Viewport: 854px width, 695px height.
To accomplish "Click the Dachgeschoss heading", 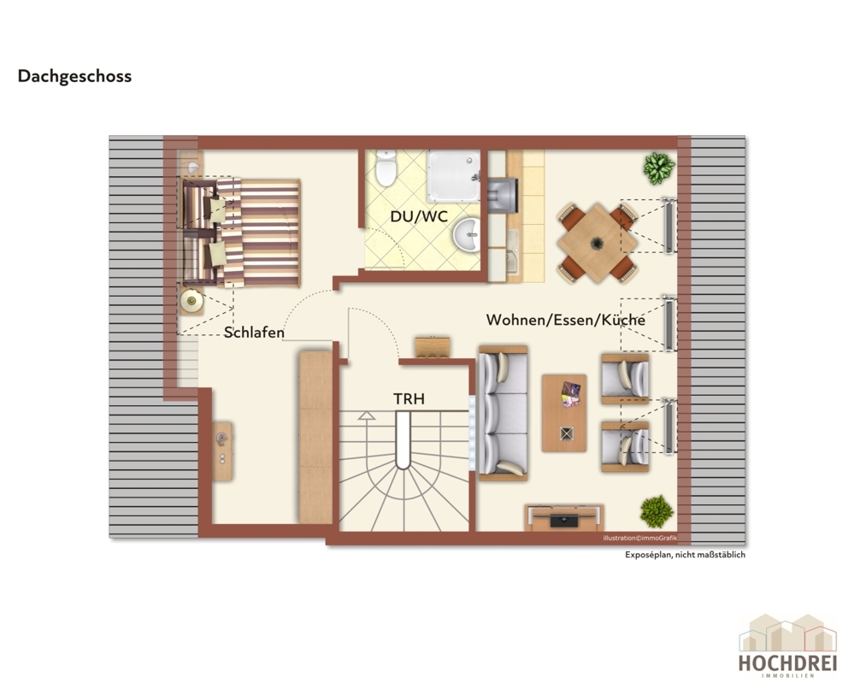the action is [x=74, y=76].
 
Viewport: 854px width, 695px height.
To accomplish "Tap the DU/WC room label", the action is [x=419, y=216].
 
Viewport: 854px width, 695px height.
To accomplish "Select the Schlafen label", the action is [x=254, y=333].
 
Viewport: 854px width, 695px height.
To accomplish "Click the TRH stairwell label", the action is [x=409, y=398].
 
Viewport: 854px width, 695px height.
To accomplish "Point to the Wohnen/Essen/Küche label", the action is [x=565, y=320].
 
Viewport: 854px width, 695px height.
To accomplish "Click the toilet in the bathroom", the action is [x=386, y=168].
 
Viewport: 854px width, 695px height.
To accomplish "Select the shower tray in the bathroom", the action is [x=454, y=176].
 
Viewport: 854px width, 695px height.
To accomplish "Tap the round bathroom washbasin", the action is [x=466, y=235].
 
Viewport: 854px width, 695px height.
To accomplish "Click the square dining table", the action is [x=598, y=243].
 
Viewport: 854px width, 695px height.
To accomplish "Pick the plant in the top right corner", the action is [x=659, y=168].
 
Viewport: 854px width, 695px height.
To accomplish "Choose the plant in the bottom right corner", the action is [x=657, y=511].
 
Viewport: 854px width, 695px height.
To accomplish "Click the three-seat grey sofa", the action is [x=503, y=414].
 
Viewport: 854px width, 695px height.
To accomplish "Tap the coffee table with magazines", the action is [x=564, y=413].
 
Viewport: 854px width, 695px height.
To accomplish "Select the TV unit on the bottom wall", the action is [x=564, y=517].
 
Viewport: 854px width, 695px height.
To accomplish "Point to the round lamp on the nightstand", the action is [x=191, y=301].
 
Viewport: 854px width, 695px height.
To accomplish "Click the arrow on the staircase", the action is [x=367, y=415].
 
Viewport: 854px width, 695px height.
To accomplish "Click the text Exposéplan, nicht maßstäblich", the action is [x=685, y=555].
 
